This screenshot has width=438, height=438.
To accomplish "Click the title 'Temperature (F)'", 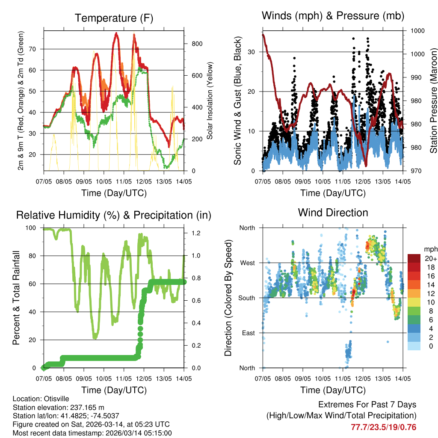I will [114, 18].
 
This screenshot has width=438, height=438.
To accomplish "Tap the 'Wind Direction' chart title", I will [333, 213].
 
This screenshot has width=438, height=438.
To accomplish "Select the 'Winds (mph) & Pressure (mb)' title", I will [333, 16].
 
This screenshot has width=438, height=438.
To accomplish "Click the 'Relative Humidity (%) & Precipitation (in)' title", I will [114, 215].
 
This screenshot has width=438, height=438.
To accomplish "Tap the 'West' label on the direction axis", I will [247, 263].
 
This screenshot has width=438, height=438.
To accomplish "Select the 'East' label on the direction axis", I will [248, 333].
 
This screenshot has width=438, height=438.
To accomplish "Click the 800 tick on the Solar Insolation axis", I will [193, 44].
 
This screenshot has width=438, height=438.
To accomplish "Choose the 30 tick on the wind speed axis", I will [252, 52].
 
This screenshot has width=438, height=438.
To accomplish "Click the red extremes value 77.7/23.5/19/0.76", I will [383, 427].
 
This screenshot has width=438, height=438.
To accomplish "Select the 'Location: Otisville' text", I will [41, 399].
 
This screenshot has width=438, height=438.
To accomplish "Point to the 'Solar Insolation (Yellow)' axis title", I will [210, 101].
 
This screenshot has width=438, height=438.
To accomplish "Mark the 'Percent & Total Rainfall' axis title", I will [16, 298].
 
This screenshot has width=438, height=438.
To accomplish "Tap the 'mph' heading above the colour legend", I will [429, 249].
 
